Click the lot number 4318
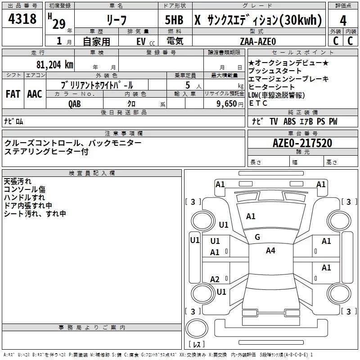[x=22, y=20]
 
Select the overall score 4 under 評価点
[x=343, y=20]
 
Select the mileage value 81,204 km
[x=54, y=65]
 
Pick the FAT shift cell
[x=13, y=94]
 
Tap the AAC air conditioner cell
[x=34, y=94]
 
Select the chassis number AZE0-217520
[x=302, y=143]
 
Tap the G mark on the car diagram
[x=257, y=237]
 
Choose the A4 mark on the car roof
[x=270, y=251]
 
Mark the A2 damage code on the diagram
[x=215, y=279]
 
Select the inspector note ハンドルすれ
[x=24, y=197]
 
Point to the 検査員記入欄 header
[x=92, y=173]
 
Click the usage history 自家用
[x=96, y=41]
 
